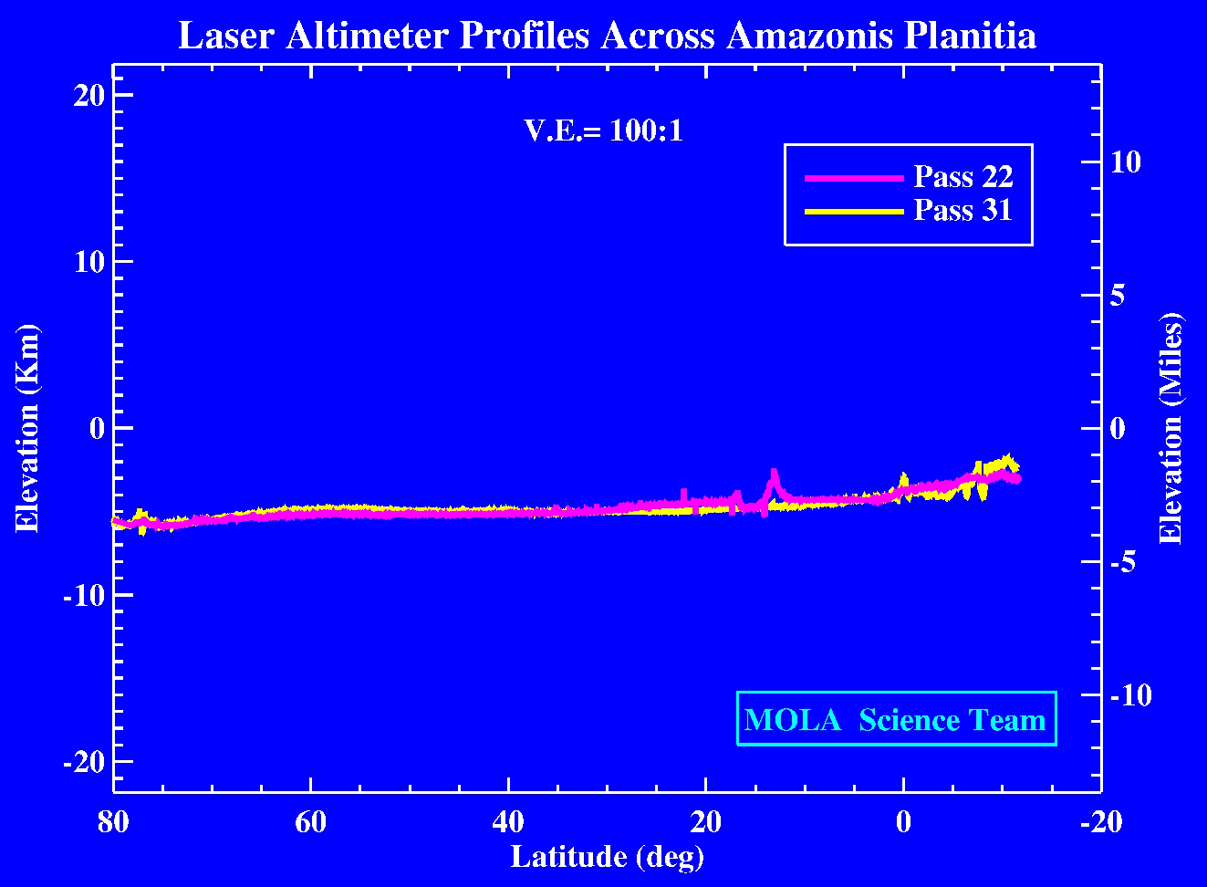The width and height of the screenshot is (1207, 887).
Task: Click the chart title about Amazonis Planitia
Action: (607, 37)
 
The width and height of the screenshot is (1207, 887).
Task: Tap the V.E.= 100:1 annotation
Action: (603, 130)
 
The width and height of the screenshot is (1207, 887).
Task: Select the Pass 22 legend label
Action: (963, 176)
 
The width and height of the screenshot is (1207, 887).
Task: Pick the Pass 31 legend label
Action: (963, 211)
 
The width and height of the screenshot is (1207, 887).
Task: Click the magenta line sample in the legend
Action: (853, 178)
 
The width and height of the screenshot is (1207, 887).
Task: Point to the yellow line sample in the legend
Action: (853, 212)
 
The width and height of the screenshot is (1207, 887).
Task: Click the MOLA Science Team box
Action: (896, 719)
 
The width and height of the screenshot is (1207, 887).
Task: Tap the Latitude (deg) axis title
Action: (607, 857)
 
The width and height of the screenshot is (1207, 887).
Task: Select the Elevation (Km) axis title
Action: (27, 428)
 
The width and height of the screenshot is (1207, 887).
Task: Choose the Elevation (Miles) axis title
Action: (1171, 428)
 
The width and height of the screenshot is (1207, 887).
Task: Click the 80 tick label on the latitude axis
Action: (113, 822)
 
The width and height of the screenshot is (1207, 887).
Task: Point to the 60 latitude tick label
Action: (310, 822)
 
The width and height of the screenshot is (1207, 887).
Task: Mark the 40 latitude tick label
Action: (508, 822)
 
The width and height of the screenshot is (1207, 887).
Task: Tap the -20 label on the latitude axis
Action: (1100, 822)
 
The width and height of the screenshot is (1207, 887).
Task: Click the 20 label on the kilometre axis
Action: (89, 95)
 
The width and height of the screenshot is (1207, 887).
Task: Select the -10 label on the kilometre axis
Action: (84, 595)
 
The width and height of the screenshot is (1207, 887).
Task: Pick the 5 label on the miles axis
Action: (1118, 296)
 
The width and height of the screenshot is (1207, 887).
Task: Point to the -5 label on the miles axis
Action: (1122, 562)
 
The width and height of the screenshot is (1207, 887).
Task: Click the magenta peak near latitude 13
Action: (774, 475)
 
